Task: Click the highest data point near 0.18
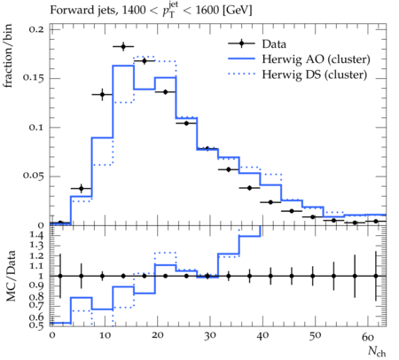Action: [x=123, y=46]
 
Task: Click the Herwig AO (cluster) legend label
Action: [x=316, y=59]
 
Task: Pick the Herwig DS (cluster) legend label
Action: [x=315, y=74]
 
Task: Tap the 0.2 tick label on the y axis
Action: [x=36, y=29]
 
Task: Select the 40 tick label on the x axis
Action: [x=262, y=335]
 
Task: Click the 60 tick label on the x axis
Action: [x=368, y=336]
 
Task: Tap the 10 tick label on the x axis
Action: [x=105, y=335]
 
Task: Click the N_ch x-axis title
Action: [x=377, y=351]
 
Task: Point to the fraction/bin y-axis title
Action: [x=8, y=56]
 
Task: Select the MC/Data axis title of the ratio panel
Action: [x=11, y=276]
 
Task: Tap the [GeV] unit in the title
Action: [x=237, y=10]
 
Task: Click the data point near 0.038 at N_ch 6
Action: [x=82, y=188]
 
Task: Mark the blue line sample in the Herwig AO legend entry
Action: [x=241, y=59]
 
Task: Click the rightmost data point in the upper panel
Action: [x=376, y=221]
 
